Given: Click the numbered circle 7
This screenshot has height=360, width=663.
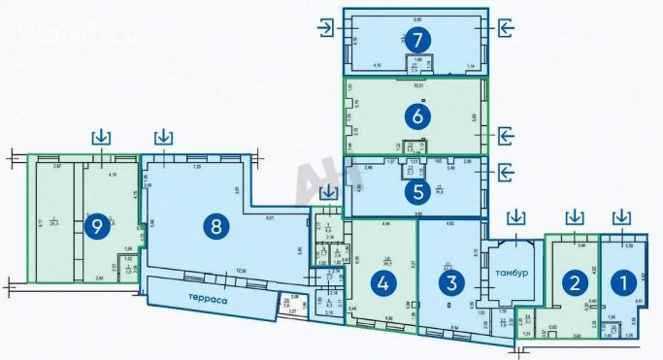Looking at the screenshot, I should pos(417,41).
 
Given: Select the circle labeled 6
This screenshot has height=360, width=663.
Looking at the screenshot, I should pos(417,115).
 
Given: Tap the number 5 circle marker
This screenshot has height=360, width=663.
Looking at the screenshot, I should pos(415,191).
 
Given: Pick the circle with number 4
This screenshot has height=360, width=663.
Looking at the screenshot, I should pos(384,282).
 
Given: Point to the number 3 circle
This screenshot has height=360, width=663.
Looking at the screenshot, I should pos(448,282).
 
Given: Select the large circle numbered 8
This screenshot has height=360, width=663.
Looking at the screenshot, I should pos(215,226).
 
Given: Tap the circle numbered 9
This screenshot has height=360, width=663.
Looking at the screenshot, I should pos(95,226).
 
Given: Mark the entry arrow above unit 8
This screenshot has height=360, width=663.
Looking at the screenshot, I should pos(164,136).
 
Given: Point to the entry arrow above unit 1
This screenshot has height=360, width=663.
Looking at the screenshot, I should pos(619,214).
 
